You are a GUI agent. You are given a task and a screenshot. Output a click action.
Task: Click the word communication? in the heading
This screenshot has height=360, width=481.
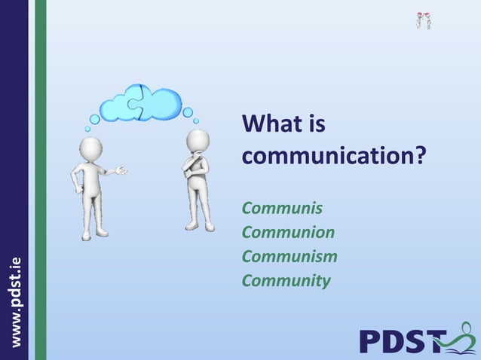[333, 157]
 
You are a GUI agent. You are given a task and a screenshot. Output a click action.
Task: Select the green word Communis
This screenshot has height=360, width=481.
[282, 207]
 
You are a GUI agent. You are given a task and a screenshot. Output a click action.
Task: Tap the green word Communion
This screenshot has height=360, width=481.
[288, 232]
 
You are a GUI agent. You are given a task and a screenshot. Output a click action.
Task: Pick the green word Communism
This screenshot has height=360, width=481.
[290, 256]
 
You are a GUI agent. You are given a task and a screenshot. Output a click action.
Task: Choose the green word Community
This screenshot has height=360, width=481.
[286, 281]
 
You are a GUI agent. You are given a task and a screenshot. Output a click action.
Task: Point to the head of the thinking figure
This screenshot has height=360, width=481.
[198, 140]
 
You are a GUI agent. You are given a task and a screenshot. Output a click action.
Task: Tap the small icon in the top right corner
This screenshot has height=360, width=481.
[424, 20]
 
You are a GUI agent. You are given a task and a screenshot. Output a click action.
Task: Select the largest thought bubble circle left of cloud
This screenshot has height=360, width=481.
[95, 120]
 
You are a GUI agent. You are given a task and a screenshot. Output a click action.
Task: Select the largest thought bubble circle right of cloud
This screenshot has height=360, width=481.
[188, 112]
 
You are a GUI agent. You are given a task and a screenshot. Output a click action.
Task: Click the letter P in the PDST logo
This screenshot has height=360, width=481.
[372, 340]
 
